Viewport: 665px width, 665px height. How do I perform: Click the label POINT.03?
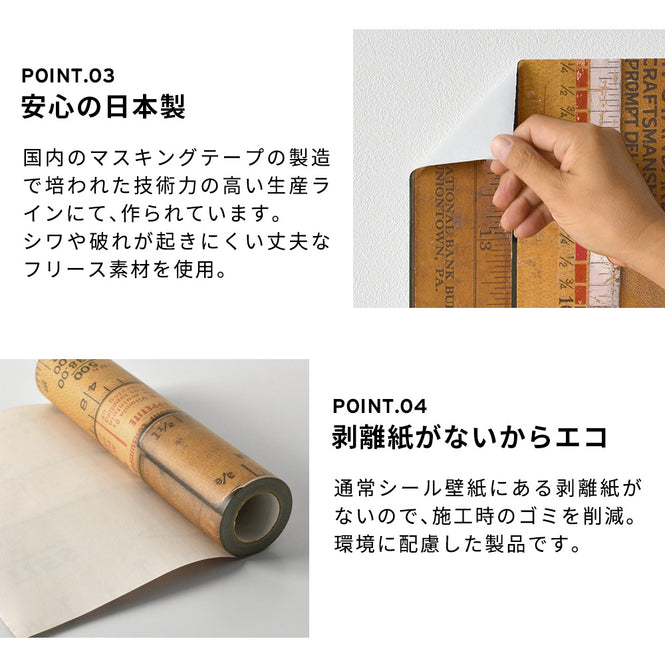click(67, 75)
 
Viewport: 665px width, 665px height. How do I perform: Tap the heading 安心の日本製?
click(103, 108)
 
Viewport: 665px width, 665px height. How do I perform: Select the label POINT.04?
click(380, 406)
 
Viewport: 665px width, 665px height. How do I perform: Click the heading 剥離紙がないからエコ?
click(470, 438)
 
